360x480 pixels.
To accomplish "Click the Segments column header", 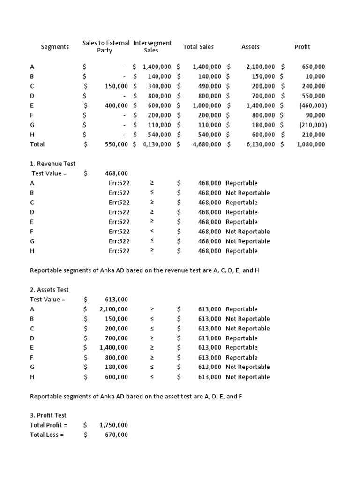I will (55, 47).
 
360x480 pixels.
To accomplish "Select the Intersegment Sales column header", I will (152, 46).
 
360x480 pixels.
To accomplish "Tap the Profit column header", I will (302, 47).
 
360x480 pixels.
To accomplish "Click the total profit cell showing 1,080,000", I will (310, 144).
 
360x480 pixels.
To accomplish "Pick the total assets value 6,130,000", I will (261, 144).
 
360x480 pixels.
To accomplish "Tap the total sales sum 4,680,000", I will (207, 144).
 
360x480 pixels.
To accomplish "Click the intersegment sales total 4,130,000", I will (157, 144).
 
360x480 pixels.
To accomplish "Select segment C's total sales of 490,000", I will (209, 86).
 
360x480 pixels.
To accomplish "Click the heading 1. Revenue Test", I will (52, 164).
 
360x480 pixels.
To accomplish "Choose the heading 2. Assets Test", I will (49, 290).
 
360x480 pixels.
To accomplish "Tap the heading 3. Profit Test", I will (48, 415).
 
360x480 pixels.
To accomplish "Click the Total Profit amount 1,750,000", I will (113, 425).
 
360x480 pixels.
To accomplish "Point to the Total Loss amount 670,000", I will (116, 435).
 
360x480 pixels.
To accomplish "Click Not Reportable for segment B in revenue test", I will (247, 193).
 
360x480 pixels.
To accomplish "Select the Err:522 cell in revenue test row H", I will (119, 251).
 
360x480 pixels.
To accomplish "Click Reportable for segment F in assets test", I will (241, 358).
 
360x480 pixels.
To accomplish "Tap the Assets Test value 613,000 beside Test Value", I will (116, 300).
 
